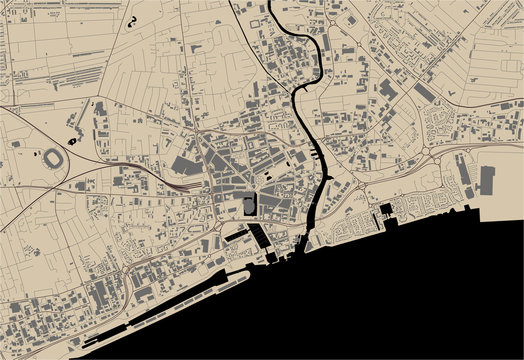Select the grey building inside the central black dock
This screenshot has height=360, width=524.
point(247,206)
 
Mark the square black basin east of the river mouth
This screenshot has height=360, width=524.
point(385,209)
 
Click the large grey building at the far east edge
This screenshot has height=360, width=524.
point(487,181)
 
